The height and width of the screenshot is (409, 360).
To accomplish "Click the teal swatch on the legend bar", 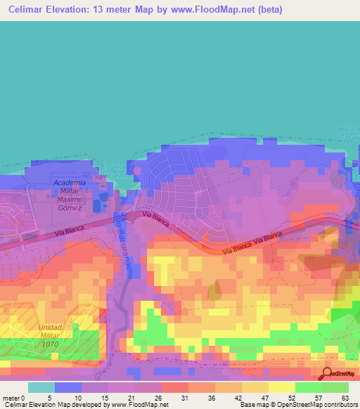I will tap(41, 387).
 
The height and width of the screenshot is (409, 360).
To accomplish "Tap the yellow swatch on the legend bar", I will tap(281, 387).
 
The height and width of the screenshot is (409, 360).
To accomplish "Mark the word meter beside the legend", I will tap(11, 398).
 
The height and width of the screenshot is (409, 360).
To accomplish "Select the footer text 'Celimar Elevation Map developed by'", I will tap(53, 405).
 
